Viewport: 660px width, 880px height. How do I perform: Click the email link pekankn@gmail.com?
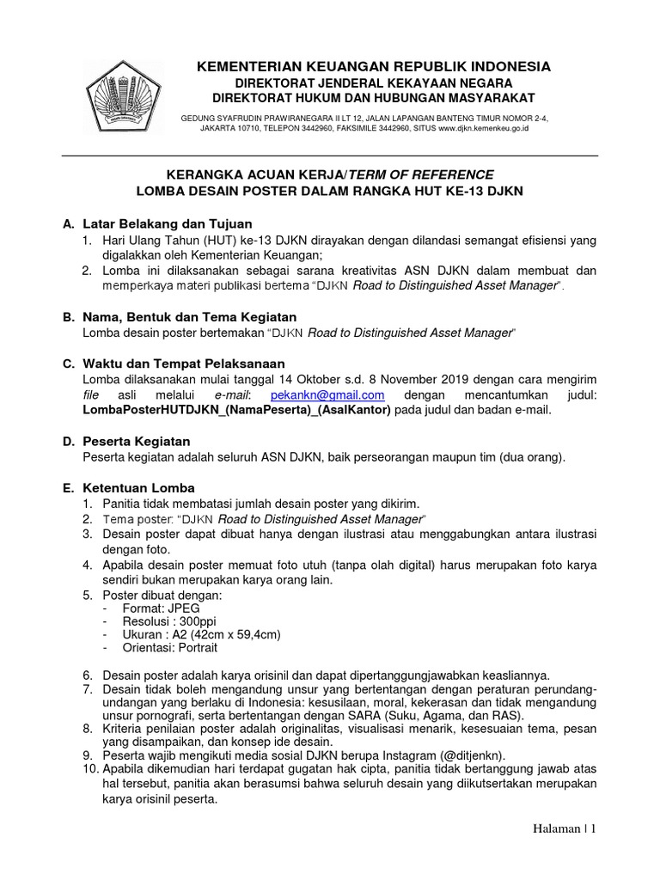[x=327, y=394]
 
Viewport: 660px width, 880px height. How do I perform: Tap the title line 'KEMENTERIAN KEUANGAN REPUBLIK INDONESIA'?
[x=374, y=66]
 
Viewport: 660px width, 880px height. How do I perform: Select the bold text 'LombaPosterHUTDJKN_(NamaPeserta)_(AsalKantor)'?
[x=236, y=410]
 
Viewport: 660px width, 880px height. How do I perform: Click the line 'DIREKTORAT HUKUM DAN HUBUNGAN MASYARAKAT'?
[x=374, y=97]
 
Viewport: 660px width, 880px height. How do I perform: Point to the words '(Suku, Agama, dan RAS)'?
[x=461, y=715]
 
